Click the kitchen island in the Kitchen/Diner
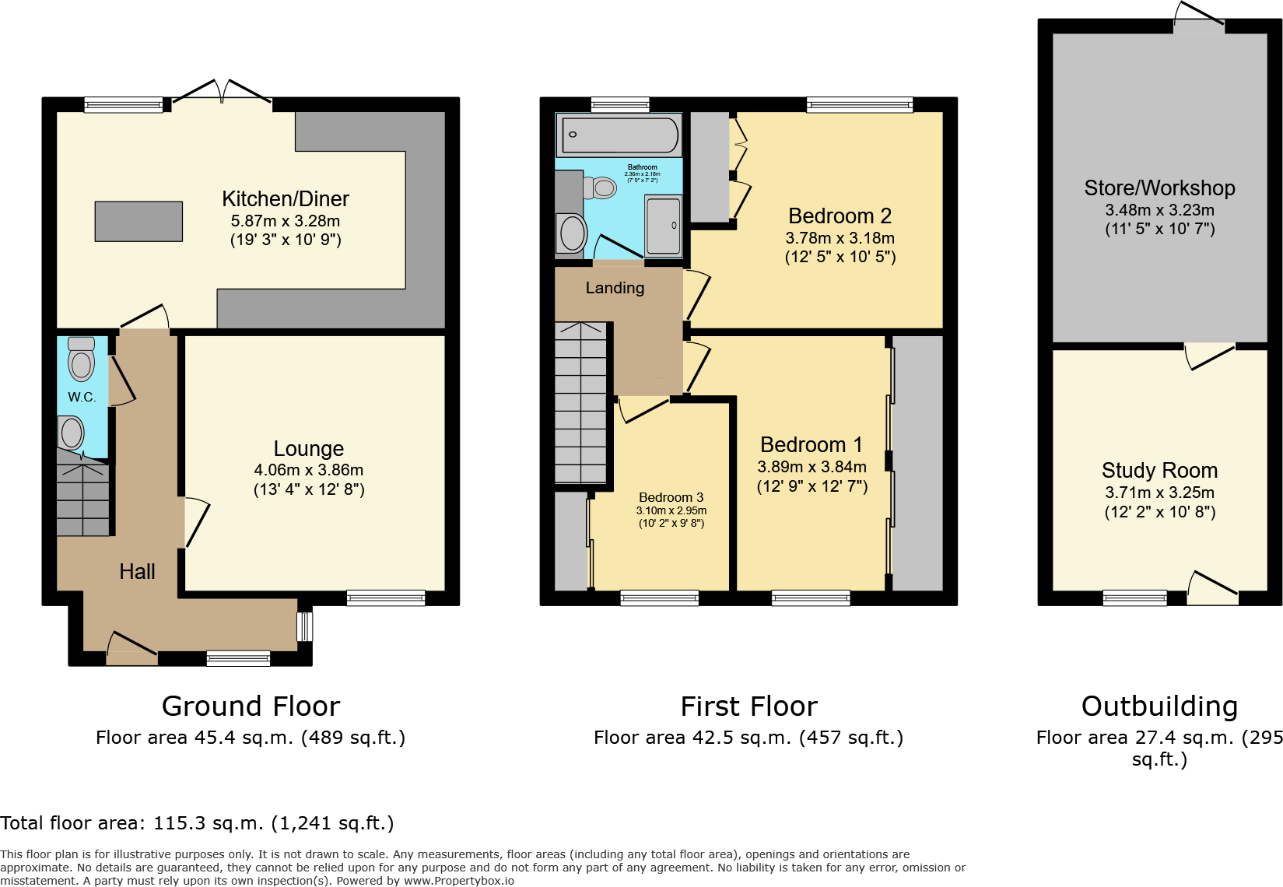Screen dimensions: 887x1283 pos(138,222)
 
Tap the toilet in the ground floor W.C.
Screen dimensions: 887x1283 pos(81,359)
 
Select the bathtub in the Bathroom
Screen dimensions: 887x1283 pos(619,135)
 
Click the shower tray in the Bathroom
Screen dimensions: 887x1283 pos(664,226)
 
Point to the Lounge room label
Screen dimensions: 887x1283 pos(308,449)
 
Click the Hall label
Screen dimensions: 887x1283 pos(137,572)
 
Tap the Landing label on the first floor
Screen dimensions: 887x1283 pos(615,289)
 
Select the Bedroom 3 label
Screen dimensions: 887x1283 pos(671,497)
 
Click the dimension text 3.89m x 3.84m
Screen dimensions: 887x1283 pos(812,467)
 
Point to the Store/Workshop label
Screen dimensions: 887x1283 pos(1159,188)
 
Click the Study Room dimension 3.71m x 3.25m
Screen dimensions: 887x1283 pos(1159,493)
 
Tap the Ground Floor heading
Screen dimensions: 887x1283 pos(251,706)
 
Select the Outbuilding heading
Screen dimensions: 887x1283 pos(1159,706)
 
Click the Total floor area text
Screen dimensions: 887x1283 pos(197,823)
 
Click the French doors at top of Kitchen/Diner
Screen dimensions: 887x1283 pos(222,92)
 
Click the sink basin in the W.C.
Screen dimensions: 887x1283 pos(72,433)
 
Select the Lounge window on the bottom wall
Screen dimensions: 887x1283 pos(386,598)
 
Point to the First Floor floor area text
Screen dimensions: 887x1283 pos(748,738)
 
